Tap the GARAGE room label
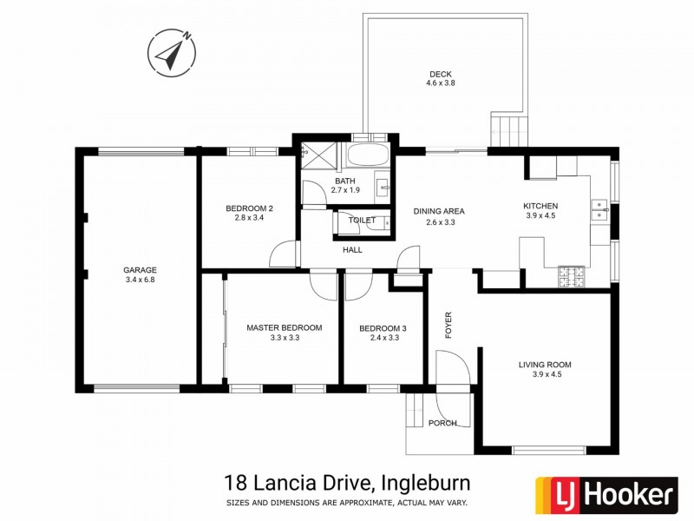click(x=140, y=270)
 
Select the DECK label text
click(x=440, y=73)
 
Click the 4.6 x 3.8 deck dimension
click(x=440, y=83)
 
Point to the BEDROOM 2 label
click(x=250, y=208)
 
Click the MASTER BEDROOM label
click(x=285, y=327)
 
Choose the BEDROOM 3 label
click(x=383, y=327)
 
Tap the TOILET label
click(x=362, y=221)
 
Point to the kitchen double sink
click(x=599, y=209)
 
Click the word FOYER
click(x=448, y=325)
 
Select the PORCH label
click(x=442, y=423)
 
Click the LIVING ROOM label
click(x=545, y=365)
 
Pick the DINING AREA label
click(x=439, y=211)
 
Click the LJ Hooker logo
click(x=605, y=495)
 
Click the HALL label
click(x=352, y=250)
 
